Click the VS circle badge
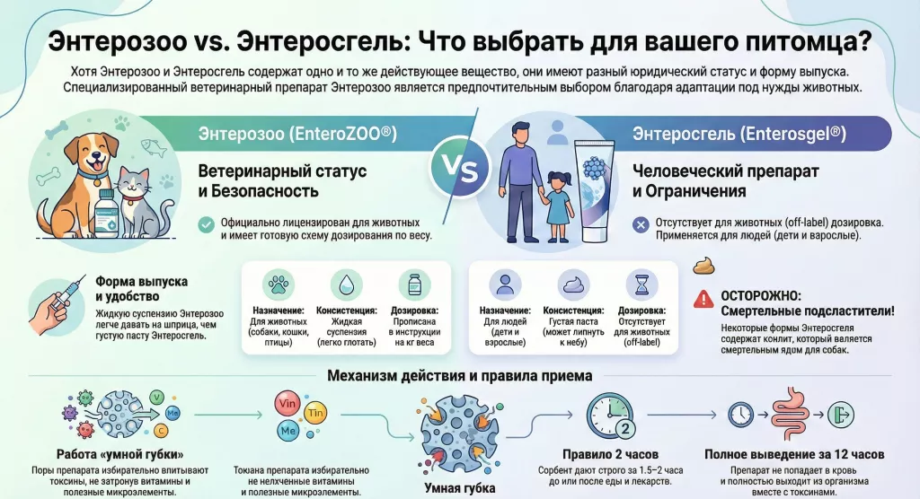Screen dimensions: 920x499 coord(460,167)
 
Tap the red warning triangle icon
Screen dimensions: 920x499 coord(703,299)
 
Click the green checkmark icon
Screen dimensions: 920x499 coord(206,224)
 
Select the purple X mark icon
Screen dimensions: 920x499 coord(641,224)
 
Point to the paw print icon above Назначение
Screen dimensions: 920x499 coord(279,285)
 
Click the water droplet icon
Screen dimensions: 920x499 coord(346,285)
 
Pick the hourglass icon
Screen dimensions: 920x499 coord(641,285)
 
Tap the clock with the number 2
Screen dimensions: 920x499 coord(611,416)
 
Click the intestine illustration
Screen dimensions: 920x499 coord(791,414)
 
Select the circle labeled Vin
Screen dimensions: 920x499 coord(287,404)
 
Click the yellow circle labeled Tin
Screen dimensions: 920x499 coord(315,413)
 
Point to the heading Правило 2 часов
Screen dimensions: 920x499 coord(610,454)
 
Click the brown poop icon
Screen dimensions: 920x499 coord(704,266)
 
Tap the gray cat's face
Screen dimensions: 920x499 coord(133,182)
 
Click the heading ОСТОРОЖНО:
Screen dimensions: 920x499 coord(760,297)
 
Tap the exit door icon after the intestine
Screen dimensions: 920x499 coord(841,415)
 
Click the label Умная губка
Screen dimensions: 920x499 coord(459,488)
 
